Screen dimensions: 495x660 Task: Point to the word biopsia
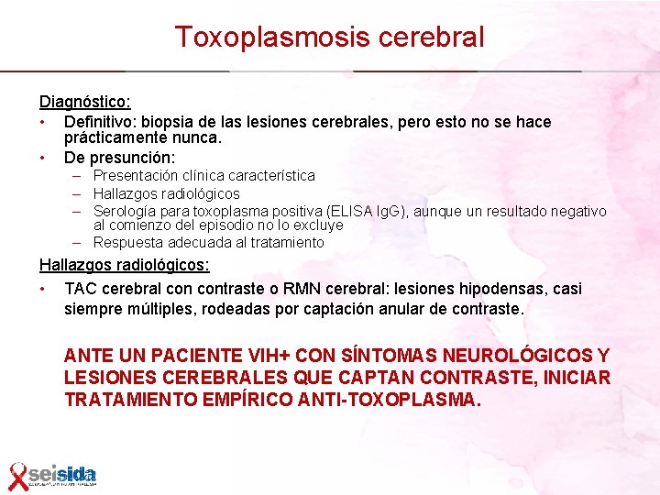click(171, 122)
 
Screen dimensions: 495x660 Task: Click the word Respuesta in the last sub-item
click(128, 243)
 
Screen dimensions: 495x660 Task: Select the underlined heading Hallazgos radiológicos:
click(124, 265)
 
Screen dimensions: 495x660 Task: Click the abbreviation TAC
click(81, 289)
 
